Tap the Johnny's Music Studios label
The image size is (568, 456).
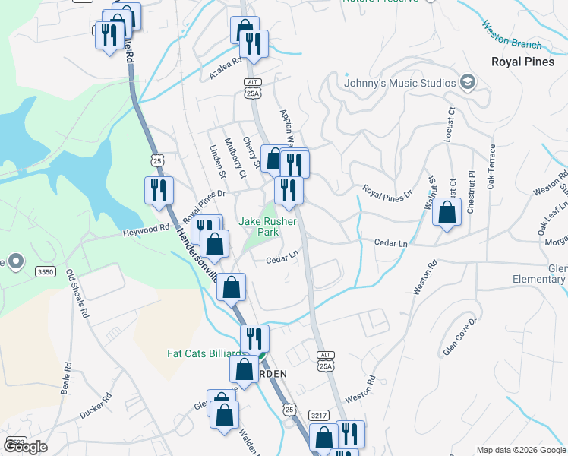point(399,83)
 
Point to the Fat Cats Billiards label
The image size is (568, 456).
point(207,354)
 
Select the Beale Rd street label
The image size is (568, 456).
point(68,376)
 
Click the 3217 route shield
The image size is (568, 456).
point(319,415)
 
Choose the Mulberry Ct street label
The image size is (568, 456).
point(237,161)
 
